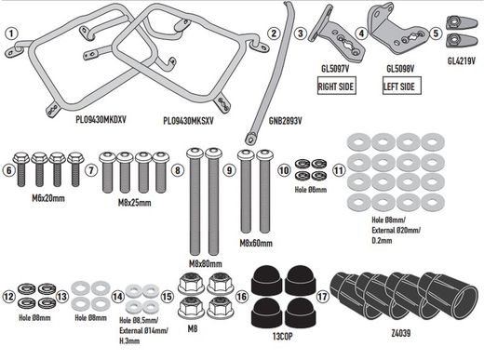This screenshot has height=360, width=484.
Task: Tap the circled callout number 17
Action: tap(322, 300)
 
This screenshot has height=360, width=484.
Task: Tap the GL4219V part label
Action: tap(460, 61)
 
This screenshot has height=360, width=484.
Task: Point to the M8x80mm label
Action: tap(208, 263)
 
